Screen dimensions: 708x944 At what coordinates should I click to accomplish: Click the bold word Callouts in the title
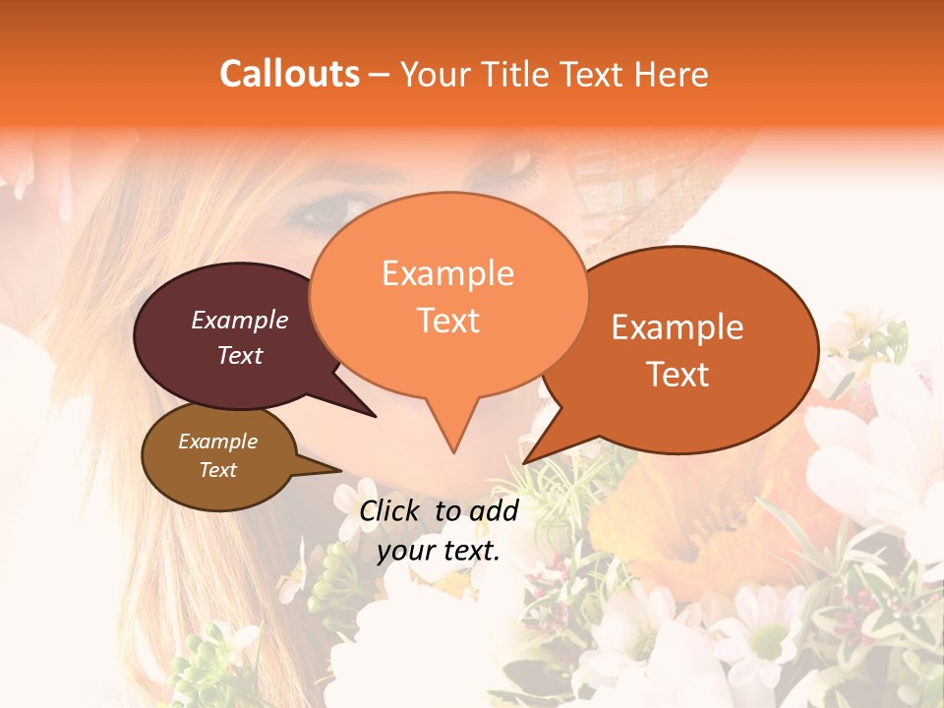tap(289, 74)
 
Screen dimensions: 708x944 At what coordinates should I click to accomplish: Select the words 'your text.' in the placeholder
tap(439, 551)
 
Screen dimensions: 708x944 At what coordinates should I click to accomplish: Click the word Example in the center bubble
tap(447, 273)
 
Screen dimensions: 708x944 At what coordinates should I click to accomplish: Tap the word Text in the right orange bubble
tap(678, 375)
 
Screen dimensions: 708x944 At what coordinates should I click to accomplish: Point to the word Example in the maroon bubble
tap(240, 320)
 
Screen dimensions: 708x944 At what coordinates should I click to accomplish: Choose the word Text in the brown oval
tap(218, 470)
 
